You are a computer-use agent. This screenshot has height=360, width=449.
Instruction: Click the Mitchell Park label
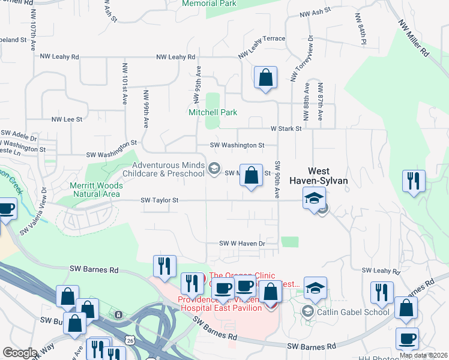point(213,112)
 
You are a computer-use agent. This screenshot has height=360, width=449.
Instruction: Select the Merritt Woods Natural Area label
point(96,190)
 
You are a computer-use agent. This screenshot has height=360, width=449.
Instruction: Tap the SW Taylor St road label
point(160,201)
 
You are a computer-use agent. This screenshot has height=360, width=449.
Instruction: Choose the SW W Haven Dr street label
point(242,244)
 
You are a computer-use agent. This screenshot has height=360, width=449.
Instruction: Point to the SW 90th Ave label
point(277,180)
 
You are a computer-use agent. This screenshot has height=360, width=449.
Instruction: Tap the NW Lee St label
point(67,119)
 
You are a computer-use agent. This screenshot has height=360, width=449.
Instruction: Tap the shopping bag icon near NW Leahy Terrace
point(265,78)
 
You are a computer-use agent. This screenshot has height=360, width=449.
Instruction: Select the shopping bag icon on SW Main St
point(252,175)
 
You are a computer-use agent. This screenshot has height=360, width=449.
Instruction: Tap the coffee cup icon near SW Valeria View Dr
point(6,209)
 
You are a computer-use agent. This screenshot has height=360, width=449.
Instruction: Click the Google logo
point(20,353)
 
